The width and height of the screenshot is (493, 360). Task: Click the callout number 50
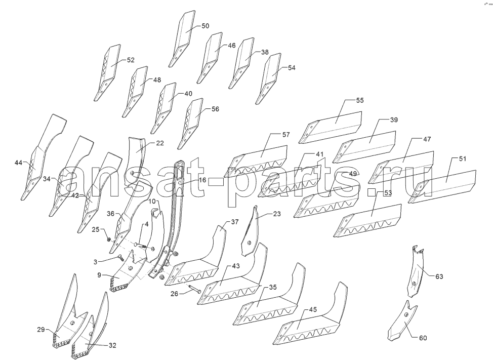pos(205,26)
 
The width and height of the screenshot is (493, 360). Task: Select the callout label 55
pos(360,100)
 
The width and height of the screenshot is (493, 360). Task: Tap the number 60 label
pos(423,338)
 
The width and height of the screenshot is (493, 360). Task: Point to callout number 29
pos(41,330)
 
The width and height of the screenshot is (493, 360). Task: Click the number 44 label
pos(19,163)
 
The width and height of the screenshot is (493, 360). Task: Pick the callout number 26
pos(174,294)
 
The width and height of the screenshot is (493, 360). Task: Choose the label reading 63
pos(439,276)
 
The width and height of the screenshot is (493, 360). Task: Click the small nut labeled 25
pos(109,239)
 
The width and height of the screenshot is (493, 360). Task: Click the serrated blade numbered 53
pos(367,221)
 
